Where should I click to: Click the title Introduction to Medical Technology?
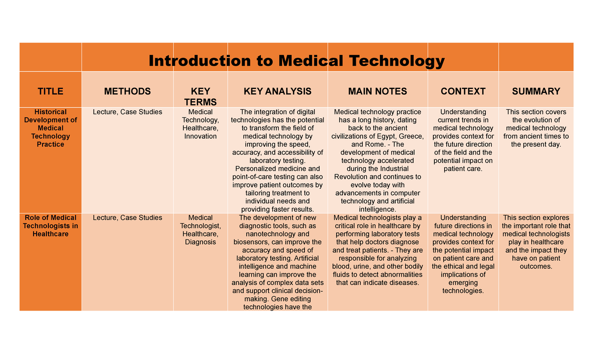click(x=296, y=61)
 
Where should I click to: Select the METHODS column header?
click(x=127, y=91)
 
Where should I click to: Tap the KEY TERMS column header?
click(x=200, y=96)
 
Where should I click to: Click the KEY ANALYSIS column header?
click(x=278, y=91)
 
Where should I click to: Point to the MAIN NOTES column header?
click(x=378, y=91)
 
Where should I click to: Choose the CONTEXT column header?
click(x=463, y=91)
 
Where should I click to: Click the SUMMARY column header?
click(x=536, y=91)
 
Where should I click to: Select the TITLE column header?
click(x=50, y=91)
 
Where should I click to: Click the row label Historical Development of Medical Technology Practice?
click(x=50, y=128)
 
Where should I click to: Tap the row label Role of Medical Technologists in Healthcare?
click(x=50, y=226)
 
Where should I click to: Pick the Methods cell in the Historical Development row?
click(x=127, y=112)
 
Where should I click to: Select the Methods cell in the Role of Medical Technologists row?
click(x=127, y=218)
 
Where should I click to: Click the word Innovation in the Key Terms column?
click(x=201, y=136)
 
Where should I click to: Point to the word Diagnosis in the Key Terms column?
click(x=201, y=242)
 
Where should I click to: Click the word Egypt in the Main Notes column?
click(x=388, y=136)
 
